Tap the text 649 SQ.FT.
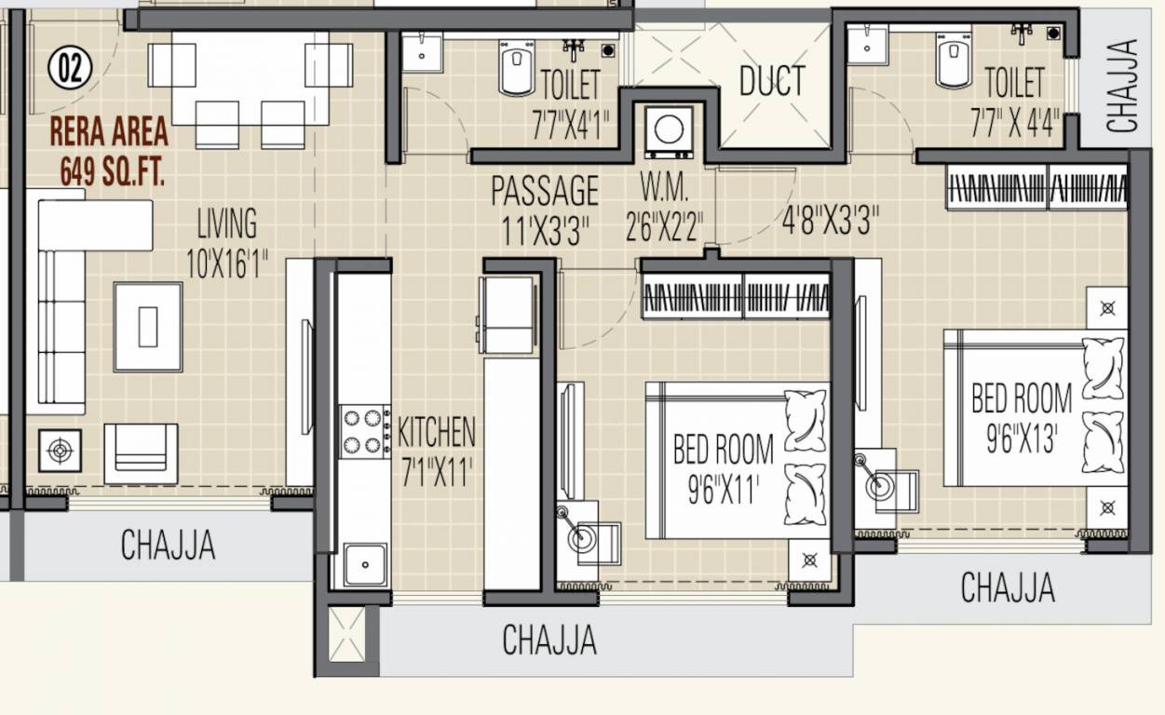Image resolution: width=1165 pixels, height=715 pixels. tap(112, 172)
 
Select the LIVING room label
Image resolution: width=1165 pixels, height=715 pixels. tap(226, 224)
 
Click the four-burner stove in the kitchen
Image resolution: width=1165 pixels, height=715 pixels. tap(364, 430)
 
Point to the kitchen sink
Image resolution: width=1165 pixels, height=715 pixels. tap(364, 564)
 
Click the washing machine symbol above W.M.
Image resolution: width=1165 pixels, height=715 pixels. tap(669, 131)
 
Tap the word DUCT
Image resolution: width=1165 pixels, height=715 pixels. tap(771, 82)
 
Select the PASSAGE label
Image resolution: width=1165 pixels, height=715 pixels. tap(545, 192)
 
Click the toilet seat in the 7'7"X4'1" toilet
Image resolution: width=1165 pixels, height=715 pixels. tap(516, 68)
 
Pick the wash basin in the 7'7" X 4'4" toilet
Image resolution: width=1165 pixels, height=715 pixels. tap(867, 44)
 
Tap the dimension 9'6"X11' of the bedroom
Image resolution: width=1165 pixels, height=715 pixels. tap(724, 489)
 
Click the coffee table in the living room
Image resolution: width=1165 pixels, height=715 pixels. tap(148, 327)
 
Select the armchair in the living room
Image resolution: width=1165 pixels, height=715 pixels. tap(141, 453)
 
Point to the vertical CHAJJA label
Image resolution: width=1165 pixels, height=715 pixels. tap(1123, 86)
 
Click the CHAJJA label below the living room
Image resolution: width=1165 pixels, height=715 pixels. tap(168, 545)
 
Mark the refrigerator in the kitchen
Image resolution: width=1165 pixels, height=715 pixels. tap(508, 315)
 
